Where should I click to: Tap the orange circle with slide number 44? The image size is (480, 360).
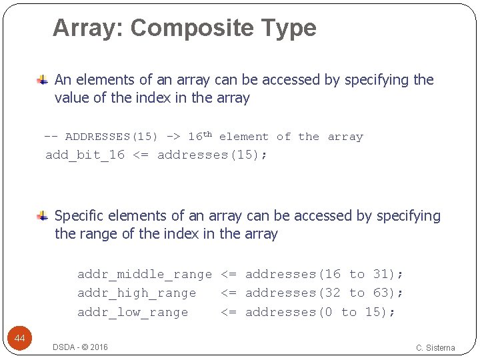point(20,339)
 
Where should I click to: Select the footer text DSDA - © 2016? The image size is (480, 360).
point(80,347)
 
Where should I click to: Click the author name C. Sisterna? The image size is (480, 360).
point(435,347)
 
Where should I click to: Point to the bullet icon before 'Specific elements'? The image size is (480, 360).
point(41,216)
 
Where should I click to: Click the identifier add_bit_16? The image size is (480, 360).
point(85,155)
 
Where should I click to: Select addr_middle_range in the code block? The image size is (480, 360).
point(144,274)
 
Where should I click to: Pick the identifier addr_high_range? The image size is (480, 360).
point(137,293)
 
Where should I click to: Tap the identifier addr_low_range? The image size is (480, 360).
point(133,312)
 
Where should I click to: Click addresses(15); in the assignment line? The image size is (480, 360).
point(212,155)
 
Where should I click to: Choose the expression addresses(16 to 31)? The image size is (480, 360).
point(324,274)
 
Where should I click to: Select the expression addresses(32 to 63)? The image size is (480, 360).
point(324,293)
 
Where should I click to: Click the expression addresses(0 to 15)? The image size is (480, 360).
point(320,312)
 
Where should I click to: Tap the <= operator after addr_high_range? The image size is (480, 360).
point(229,293)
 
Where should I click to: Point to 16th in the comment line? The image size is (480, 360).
point(199,136)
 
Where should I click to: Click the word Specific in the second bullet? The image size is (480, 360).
point(80,216)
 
